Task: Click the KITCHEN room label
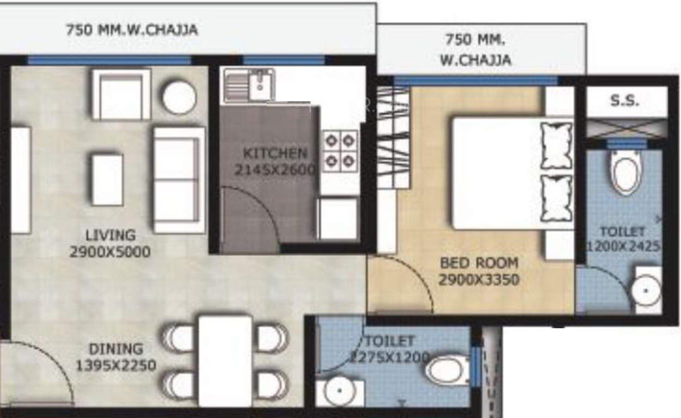tap(275, 153)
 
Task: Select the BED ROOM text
tap(479, 263)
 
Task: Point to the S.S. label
tap(624, 101)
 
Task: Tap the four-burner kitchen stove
tap(340, 151)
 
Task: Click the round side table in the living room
tap(179, 98)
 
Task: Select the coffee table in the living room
tap(107, 180)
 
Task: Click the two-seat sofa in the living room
tap(179, 180)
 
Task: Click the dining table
tap(225, 361)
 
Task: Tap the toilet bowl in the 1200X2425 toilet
tap(625, 171)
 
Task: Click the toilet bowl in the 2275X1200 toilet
tap(447, 370)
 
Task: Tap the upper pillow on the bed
tap(556, 145)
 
